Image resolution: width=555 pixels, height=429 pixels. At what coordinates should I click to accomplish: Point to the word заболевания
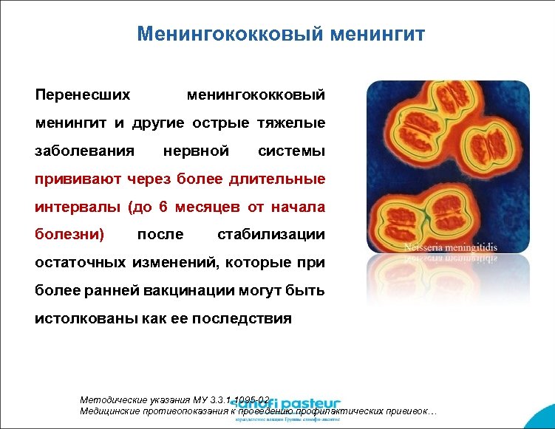pos(85,151)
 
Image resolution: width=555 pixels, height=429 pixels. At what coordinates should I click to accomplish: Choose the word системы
pos(291,151)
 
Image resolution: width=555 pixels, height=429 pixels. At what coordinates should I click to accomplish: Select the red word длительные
pos(279,179)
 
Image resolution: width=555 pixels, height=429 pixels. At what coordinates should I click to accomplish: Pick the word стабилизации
pos(271,235)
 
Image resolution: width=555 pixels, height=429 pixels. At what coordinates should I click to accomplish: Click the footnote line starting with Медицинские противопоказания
pos(259,411)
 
